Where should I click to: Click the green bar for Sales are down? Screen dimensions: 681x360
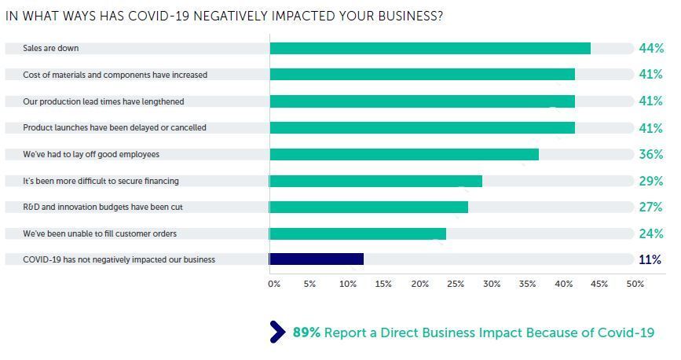tap(430, 48)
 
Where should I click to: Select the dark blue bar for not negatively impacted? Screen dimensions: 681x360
tap(317, 259)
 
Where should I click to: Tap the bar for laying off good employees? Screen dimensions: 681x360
tap(404, 154)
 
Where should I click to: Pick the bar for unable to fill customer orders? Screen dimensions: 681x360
tap(357, 234)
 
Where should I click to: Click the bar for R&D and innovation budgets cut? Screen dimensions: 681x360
tap(368, 207)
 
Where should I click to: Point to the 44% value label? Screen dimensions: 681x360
tap(651, 48)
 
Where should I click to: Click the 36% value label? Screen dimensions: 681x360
tap(651, 154)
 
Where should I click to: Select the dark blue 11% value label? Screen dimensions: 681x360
tap(650, 259)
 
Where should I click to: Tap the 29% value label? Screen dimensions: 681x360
tap(651, 181)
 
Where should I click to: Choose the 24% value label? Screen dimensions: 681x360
tap(651, 234)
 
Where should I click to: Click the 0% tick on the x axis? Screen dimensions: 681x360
tap(274, 284)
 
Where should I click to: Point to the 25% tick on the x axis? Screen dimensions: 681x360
tap(456, 284)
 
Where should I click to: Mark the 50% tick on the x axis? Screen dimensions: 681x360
tap(635, 284)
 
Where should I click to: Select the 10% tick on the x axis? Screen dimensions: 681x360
tap(348, 284)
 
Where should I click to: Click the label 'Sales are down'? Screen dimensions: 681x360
tap(51, 48)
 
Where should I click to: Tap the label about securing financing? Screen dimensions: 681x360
tap(101, 181)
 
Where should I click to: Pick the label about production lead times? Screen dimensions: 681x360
tap(104, 101)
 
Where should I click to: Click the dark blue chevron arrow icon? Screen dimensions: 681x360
tap(277, 332)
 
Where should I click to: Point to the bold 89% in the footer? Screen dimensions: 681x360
tap(306, 332)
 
